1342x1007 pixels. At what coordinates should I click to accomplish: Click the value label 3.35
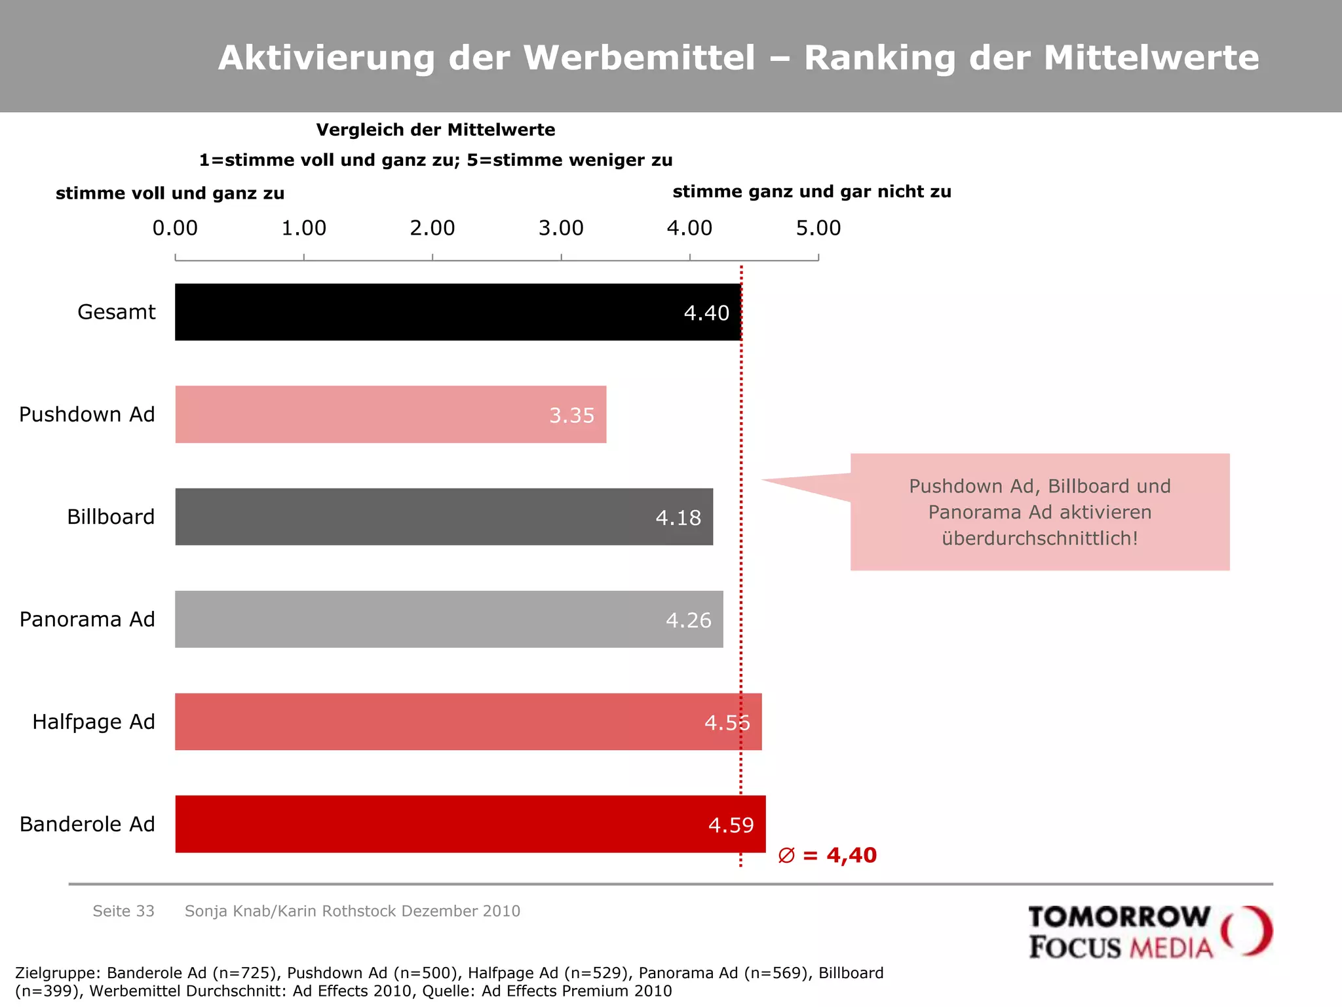click(x=571, y=416)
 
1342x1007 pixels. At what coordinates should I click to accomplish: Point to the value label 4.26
click(x=688, y=620)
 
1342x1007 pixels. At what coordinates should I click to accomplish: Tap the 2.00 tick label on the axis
click(x=432, y=228)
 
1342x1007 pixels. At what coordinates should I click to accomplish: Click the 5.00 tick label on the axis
click(x=818, y=228)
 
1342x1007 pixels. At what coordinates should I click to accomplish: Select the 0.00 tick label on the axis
click(x=175, y=228)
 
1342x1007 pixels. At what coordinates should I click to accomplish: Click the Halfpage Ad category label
click(x=94, y=722)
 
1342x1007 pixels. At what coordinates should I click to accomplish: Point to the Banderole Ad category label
click(x=87, y=824)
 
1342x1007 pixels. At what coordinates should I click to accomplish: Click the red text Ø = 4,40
click(x=828, y=856)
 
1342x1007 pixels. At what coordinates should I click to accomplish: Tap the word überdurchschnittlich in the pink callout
click(x=1039, y=538)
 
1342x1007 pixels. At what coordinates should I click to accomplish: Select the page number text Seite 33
click(x=123, y=911)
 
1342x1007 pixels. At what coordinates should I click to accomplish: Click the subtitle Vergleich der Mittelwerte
click(x=436, y=130)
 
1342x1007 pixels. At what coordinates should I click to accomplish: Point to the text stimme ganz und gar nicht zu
click(x=811, y=191)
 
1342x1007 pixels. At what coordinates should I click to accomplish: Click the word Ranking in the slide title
click(x=879, y=58)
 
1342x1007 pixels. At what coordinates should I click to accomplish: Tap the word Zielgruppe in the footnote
click(x=57, y=973)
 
